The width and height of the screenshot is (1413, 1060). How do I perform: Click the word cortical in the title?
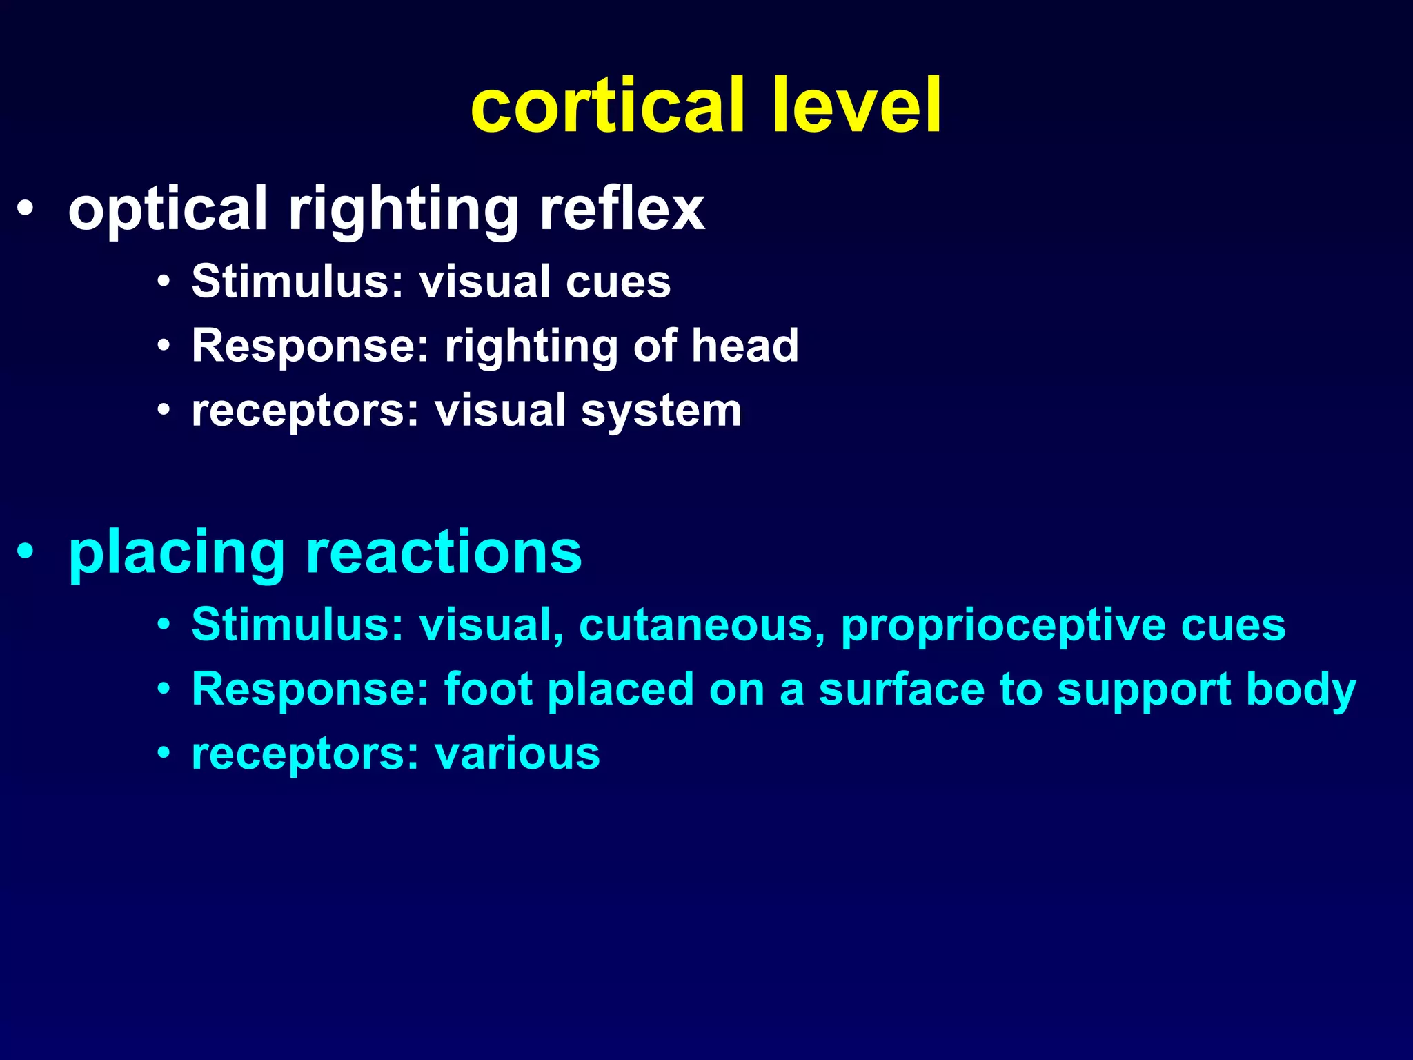pos(608,106)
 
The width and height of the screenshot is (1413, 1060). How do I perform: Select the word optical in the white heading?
pos(168,209)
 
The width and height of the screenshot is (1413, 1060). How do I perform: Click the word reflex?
pos(622,209)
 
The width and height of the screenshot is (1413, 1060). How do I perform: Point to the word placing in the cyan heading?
pos(177,553)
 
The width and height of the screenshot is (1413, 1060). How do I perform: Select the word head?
pos(745,346)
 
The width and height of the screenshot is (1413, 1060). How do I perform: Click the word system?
pos(661,411)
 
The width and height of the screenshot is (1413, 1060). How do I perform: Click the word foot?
pos(489,689)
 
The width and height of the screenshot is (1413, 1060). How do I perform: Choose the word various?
pos(517,754)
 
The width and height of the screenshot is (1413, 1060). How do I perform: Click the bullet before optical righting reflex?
pos(25,209)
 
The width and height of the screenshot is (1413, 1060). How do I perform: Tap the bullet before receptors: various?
pos(164,754)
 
